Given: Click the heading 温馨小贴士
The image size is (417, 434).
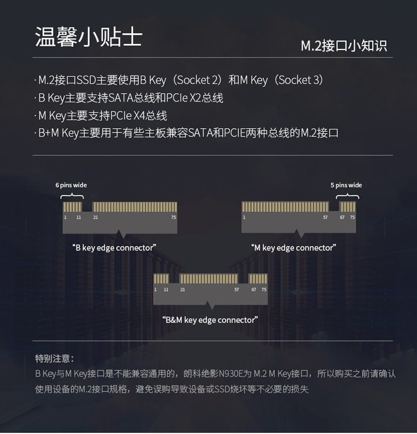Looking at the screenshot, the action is pyautogui.click(x=88, y=38).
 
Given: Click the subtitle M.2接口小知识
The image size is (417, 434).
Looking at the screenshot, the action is pyautogui.click(x=344, y=45).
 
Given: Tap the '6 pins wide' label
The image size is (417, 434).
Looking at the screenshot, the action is pyautogui.click(x=71, y=185).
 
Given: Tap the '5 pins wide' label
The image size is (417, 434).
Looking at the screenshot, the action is pyautogui.click(x=346, y=185).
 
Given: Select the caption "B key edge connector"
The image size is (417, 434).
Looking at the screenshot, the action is pyautogui.click(x=115, y=247).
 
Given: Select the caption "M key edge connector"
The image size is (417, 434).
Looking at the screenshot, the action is pyautogui.click(x=293, y=247).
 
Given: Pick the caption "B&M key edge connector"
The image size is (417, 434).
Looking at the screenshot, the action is pyautogui.click(x=210, y=320).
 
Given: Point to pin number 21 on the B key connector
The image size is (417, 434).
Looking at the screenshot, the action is pyautogui.click(x=95, y=217).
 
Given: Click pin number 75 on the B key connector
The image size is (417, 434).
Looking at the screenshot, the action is pyautogui.click(x=174, y=217).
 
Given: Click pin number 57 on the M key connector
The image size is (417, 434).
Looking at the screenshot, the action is pyautogui.click(x=325, y=217).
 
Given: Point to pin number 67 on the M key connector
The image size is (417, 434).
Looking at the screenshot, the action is pyautogui.click(x=342, y=217).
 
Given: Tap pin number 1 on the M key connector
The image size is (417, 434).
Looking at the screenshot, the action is pyautogui.click(x=244, y=217).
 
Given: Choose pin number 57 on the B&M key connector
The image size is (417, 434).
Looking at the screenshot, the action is pyautogui.click(x=237, y=289).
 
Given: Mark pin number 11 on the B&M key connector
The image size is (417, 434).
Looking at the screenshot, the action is pyautogui.click(x=166, y=289).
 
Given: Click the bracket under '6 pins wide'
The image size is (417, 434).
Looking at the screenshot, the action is pyautogui.click(x=72, y=196).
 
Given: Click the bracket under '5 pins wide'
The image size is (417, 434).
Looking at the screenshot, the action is pyautogui.click(x=347, y=196).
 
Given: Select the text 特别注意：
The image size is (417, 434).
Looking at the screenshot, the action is pyautogui.click(x=55, y=358).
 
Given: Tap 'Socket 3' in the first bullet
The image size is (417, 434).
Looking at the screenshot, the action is pyautogui.click(x=301, y=80).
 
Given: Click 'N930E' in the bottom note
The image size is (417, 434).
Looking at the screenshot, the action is pyautogui.click(x=231, y=374).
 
